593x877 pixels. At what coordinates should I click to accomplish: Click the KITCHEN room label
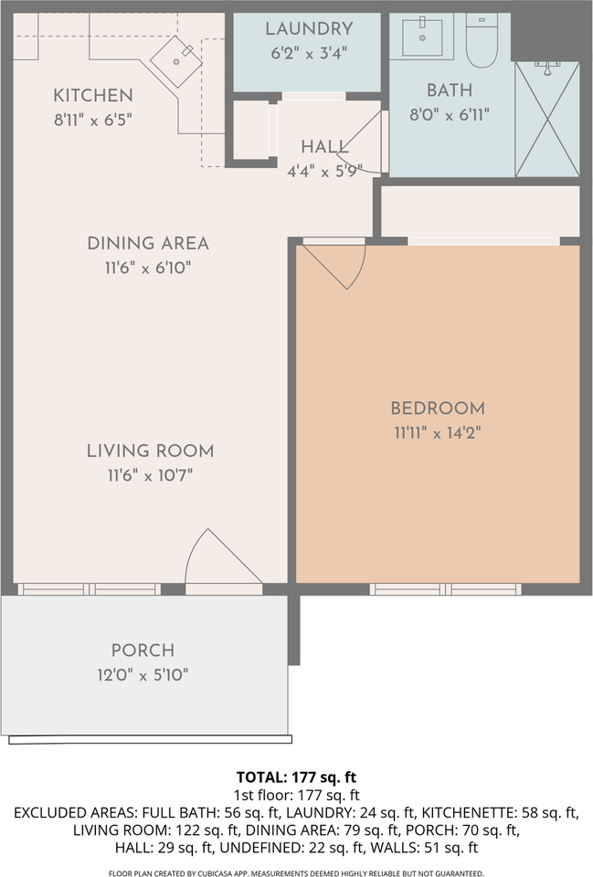(x=93, y=96)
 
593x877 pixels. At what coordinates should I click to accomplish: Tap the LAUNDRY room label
(x=310, y=28)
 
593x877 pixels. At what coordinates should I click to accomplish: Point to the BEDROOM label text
(x=438, y=408)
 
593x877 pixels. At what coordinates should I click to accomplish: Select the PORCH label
(x=143, y=650)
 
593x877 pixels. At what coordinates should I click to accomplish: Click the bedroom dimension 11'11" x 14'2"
(x=438, y=433)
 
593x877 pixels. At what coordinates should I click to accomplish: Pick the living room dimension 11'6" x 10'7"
(x=150, y=476)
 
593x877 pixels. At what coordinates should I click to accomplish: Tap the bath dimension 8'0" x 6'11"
(x=450, y=115)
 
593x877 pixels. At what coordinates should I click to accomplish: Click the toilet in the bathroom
(x=482, y=40)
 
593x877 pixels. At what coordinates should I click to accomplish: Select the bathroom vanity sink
(x=422, y=37)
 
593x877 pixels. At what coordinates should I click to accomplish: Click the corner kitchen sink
(x=176, y=61)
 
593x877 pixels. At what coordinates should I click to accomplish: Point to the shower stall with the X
(x=547, y=119)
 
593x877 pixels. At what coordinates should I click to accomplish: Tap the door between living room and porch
(x=224, y=559)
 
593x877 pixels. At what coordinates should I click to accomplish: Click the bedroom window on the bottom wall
(x=445, y=589)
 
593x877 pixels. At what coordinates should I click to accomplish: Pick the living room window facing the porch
(x=90, y=589)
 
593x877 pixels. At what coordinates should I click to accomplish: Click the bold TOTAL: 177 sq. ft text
(x=296, y=777)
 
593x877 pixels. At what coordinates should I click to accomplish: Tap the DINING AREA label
(x=148, y=243)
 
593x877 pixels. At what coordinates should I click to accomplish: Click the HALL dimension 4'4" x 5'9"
(x=325, y=171)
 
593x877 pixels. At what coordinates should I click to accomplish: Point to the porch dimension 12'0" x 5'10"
(x=143, y=675)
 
